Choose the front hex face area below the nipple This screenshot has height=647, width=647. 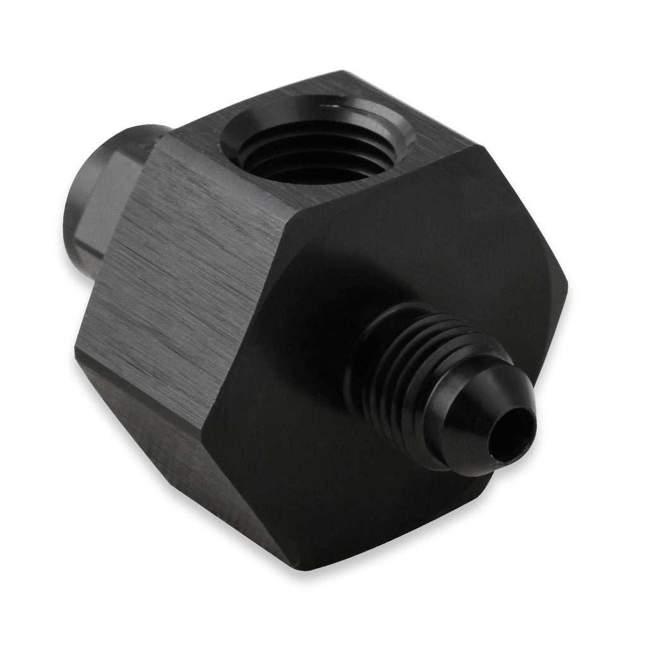(x=354, y=493)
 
